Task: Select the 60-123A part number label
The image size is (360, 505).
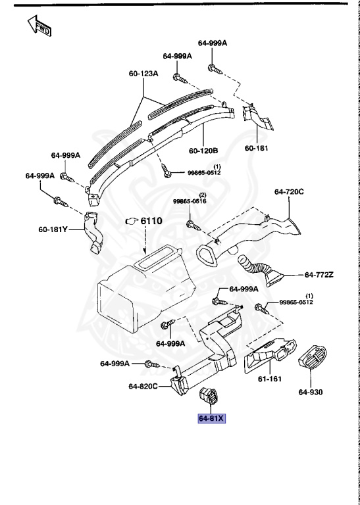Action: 143,74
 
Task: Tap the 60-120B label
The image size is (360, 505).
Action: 203,151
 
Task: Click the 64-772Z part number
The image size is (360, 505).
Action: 319,274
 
